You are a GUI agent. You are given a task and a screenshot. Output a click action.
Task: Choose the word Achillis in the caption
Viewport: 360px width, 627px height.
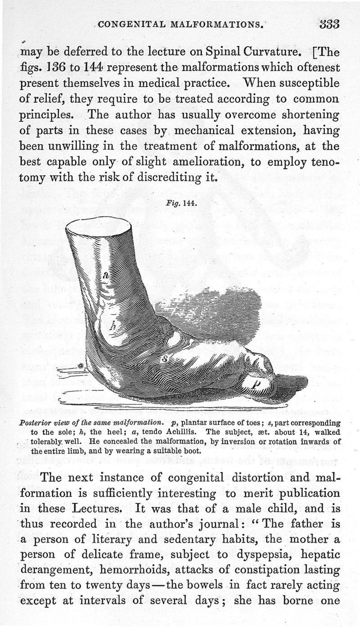[x=182, y=431]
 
